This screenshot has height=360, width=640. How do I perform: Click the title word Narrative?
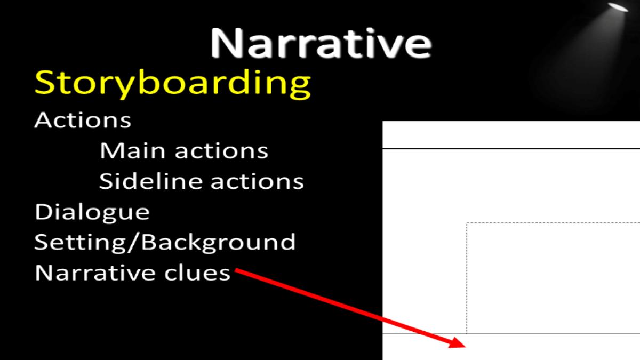coord(321,43)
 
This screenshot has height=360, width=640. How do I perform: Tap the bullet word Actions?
coord(83,120)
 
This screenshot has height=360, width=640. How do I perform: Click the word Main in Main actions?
coord(133,150)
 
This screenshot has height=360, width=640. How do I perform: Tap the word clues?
coord(197,273)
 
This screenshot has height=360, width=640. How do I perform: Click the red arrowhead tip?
coord(466,347)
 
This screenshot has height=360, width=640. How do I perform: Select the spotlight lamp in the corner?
coord(618,7)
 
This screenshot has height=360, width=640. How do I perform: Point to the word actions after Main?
coord(221,151)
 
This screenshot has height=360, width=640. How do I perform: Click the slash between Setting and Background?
coord(133,243)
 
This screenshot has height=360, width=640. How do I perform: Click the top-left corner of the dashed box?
coord(467,223)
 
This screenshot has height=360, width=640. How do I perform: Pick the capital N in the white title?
coord(227,43)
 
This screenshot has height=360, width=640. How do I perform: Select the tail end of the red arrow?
coord(235,269)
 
